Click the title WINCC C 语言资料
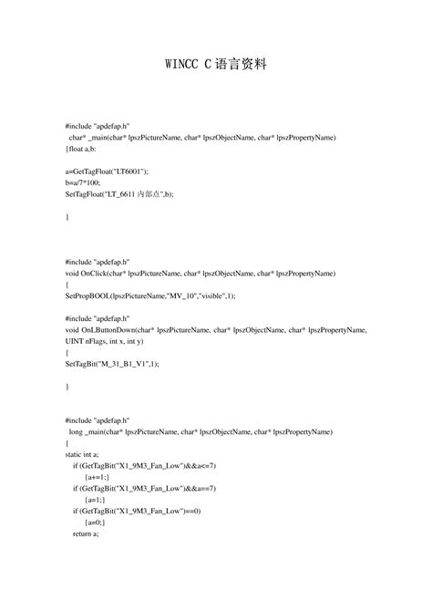pyautogui.click(x=215, y=67)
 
